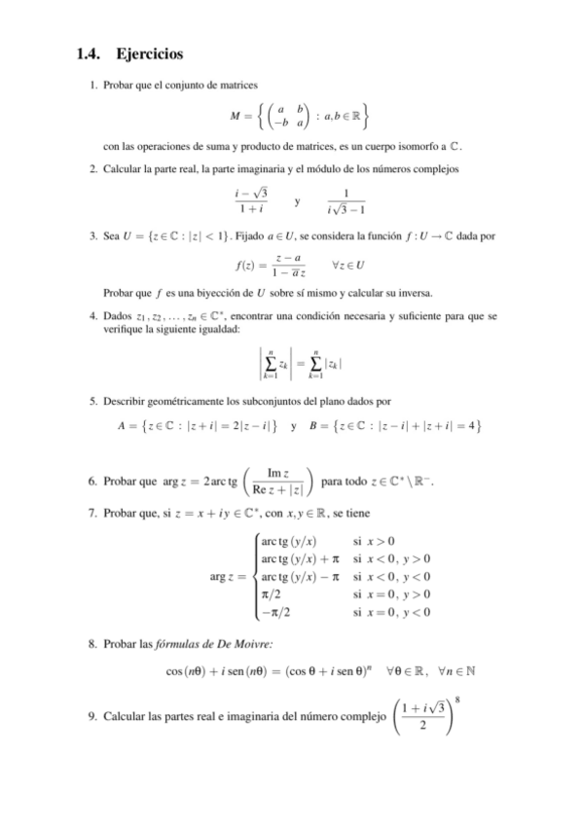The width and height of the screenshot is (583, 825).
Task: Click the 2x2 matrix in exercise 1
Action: pyautogui.click(x=289, y=117)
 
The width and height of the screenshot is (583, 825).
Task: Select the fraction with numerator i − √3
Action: pyautogui.click(x=251, y=202)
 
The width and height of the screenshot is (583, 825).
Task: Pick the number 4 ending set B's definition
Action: pyautogui.click(x=471, y=425)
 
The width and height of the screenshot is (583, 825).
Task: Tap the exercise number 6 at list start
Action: pyautogui.click(x=90, y=483)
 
